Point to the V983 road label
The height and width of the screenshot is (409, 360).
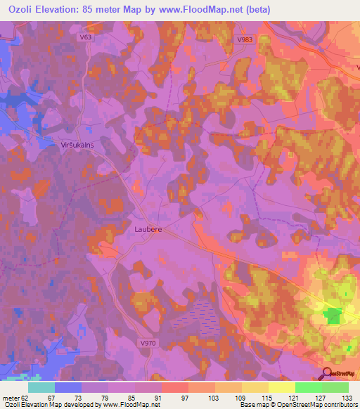click(244, 40)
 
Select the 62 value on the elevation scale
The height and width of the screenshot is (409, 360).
click(27, 397)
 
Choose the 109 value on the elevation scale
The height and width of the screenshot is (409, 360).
click(242, 397)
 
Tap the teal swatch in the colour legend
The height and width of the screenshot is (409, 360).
click(41, 387)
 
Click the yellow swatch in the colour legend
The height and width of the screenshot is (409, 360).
click(281, 387)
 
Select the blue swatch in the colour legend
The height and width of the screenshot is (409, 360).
click(67, 387)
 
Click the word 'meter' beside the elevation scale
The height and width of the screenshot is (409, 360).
click(11, 397)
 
